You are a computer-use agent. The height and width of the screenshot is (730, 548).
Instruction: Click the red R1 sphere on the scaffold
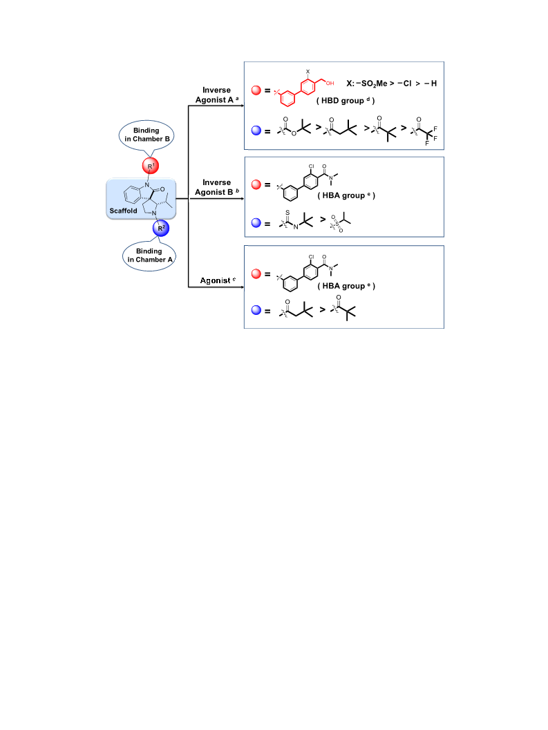tap(151, 166)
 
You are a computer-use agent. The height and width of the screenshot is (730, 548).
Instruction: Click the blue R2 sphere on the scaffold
tap(161, 228)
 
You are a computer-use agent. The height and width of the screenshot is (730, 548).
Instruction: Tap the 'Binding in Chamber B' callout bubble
tap(147, 135)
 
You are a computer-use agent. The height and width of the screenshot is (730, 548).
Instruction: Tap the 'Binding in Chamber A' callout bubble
tap(149, 256)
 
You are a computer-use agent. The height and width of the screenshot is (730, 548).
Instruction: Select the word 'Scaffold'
tap(123, 211)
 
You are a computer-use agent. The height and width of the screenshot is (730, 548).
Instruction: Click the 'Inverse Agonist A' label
tap(217, 95)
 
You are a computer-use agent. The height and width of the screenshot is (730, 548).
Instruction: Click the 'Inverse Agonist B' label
tap(217, 187)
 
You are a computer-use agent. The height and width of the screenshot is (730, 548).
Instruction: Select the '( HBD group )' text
tap(346, 101)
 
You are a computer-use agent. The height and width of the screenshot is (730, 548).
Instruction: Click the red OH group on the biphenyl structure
tap(330, 84)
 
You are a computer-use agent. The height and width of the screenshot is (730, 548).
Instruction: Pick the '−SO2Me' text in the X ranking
tap(372, 84)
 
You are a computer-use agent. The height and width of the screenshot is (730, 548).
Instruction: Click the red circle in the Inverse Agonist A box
tap(256, 90)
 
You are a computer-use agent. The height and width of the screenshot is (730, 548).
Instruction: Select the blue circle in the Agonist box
tap(256, 310)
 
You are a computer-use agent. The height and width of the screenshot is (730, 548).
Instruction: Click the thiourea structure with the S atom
tap(296, 220)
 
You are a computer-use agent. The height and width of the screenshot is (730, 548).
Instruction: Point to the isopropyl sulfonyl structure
tap(340, 222)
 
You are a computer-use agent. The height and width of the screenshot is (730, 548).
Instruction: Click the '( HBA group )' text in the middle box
tap(346, 195)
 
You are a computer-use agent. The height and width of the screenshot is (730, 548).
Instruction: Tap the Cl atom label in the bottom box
tap(311, 256)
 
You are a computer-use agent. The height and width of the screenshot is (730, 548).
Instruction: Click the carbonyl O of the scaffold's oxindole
tap(162, 189)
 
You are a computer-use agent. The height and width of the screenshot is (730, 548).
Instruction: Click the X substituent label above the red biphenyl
tap(308, 72)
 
